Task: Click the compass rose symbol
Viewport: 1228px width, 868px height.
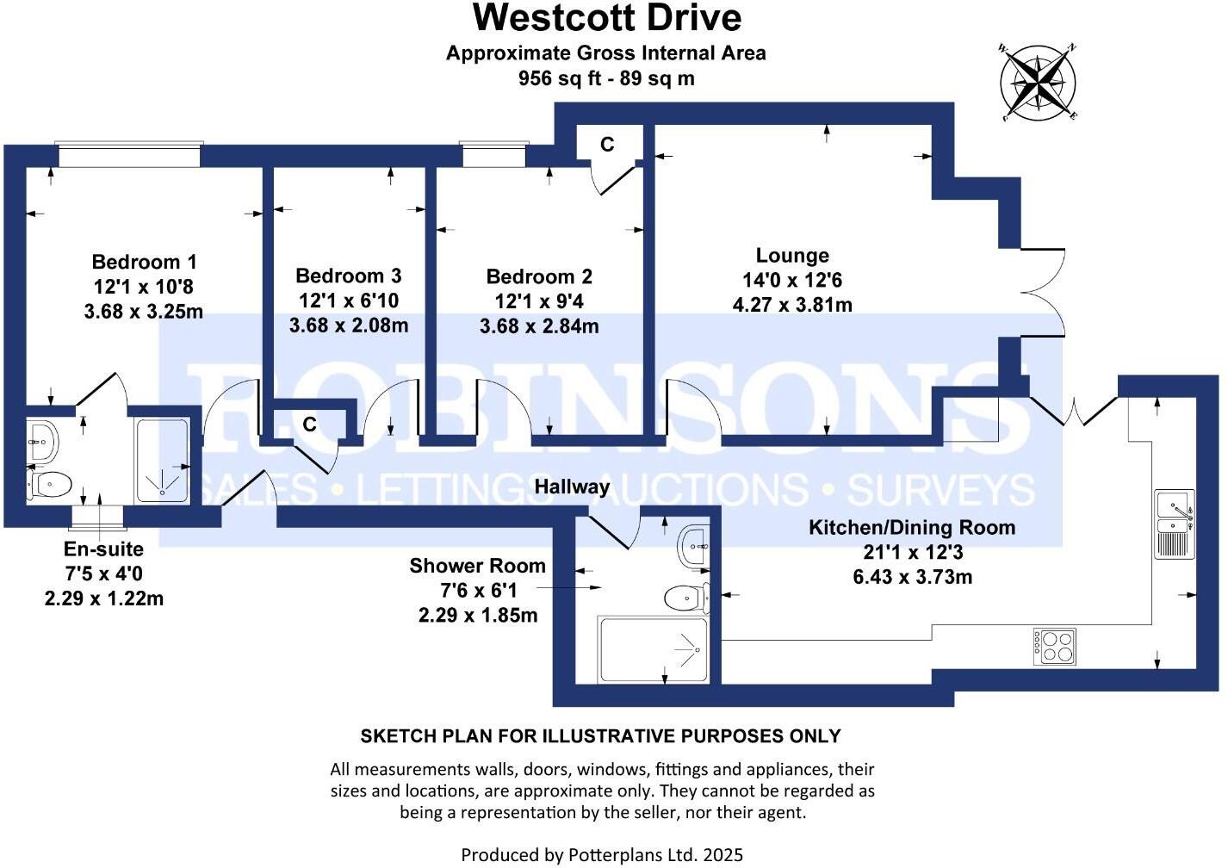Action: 1037,83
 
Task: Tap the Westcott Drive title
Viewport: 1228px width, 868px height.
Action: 607,19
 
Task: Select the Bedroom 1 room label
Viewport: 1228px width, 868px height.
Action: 144,262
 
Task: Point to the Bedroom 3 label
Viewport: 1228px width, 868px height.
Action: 349,276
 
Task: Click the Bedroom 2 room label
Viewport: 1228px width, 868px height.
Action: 539,276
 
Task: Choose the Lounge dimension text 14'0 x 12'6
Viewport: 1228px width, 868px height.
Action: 792,280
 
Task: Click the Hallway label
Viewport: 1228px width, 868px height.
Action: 572,487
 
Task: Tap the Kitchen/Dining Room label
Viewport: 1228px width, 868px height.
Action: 912,528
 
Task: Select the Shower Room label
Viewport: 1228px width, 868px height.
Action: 477,566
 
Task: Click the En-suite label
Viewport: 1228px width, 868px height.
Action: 103,549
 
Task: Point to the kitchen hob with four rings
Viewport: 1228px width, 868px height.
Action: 1054,647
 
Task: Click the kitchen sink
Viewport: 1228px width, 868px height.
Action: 1175,524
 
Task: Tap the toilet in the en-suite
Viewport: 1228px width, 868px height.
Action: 48,485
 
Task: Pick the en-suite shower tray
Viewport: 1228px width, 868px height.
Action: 163,461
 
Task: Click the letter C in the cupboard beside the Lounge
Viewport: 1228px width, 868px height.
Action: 607,144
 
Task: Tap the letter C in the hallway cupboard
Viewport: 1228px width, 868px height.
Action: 310,424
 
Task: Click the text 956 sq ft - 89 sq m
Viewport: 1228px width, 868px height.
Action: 606,78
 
